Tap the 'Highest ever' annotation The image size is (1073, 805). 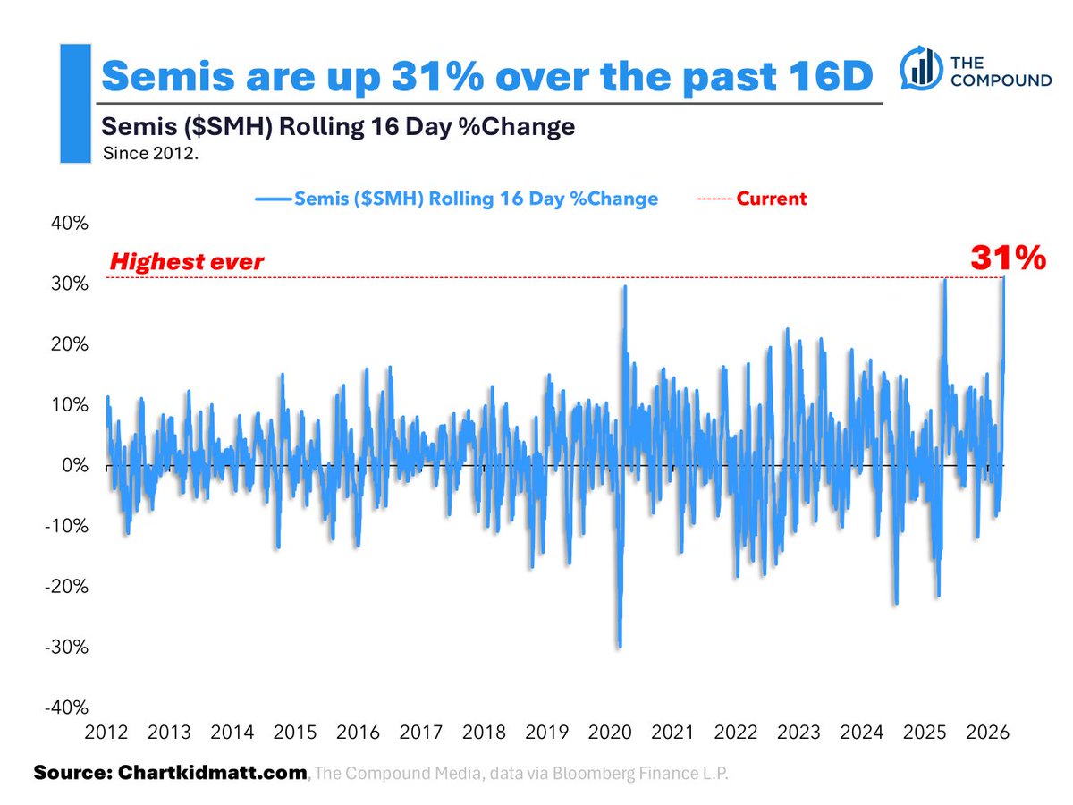(186, 262)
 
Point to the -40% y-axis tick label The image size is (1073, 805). (65, 707)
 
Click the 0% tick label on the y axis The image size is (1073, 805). (74, 465)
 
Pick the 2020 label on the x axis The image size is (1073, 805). (611, 732)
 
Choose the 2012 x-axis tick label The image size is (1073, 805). (106, 732)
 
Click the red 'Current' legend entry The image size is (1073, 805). (771, 199)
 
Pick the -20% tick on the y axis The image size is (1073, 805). (65, 586)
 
